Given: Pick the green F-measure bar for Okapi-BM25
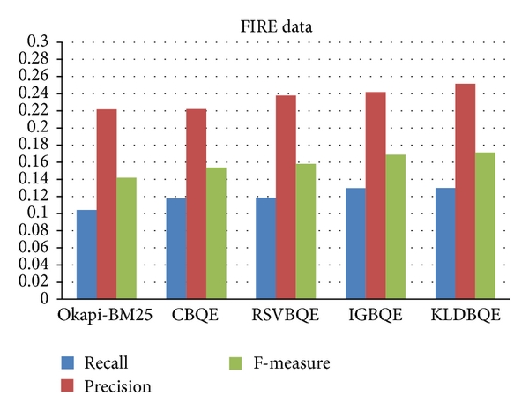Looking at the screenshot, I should tap(126, 238).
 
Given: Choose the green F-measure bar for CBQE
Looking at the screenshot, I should tap(216, 233).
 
